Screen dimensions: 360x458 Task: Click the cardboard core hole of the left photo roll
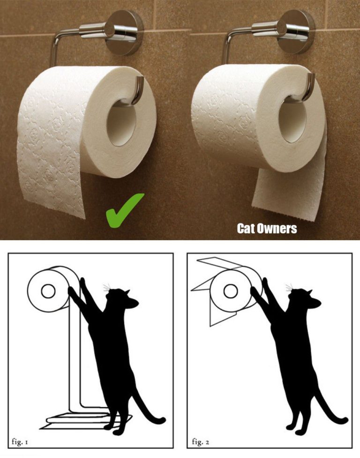[121, 122]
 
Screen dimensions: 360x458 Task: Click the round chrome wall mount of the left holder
[124, 32]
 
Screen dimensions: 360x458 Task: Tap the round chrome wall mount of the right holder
[296, 31]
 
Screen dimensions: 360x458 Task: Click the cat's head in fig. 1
[121, 298]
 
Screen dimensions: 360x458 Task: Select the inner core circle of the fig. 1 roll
[48, 291]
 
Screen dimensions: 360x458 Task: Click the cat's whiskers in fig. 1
[107, 287]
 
